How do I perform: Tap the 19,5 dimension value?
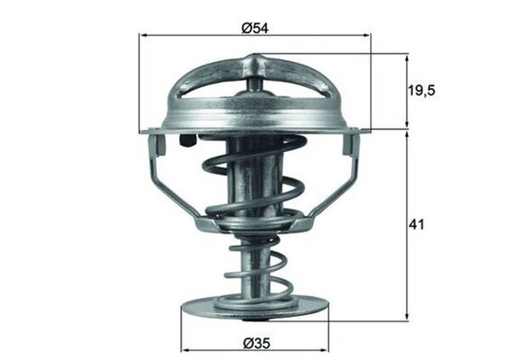(x=423, y=92)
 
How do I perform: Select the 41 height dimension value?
(x=417, y=225)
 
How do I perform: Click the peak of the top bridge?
(x=255, y=60)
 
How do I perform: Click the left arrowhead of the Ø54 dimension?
(x=143, y=36)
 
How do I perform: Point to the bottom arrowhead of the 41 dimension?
(x=407, y=317)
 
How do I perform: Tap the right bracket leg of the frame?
(x=339, y=179)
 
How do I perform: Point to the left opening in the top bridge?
(x=211, y=90)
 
